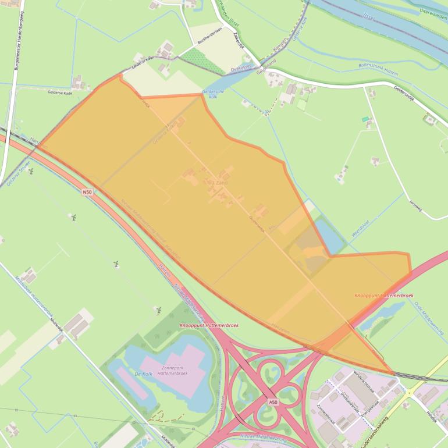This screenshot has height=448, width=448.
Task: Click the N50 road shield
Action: [x=87, y=192]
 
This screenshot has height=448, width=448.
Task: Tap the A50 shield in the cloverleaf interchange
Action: [x=273, y=402]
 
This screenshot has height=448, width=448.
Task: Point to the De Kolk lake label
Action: [x=143, y=374]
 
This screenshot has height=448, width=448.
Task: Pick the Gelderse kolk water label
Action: [x=210, y=94]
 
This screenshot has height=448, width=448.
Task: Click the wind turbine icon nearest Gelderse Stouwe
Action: [x=31, y=172]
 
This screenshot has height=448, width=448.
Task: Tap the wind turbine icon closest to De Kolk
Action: [x=158, y=310]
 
